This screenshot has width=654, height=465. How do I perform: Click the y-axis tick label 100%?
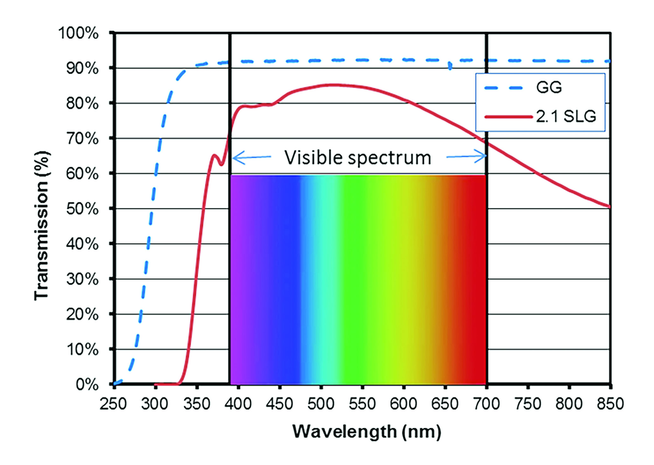(78, 33)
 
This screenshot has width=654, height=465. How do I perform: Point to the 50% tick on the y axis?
(82, 209)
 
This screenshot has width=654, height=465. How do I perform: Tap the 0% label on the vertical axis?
(87, 385)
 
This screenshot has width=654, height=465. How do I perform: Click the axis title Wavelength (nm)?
(366, 432)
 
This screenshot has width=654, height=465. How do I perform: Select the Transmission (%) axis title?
(41, 226)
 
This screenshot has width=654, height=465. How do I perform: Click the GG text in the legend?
(549, 87)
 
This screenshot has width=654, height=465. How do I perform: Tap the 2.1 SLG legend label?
(566, 117)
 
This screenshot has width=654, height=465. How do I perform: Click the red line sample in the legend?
(508, 117)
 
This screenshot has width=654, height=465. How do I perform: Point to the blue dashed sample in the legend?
(504, 88)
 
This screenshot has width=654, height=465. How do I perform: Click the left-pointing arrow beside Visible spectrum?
(251, 157)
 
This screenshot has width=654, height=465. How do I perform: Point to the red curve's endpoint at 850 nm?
(609, 206)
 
